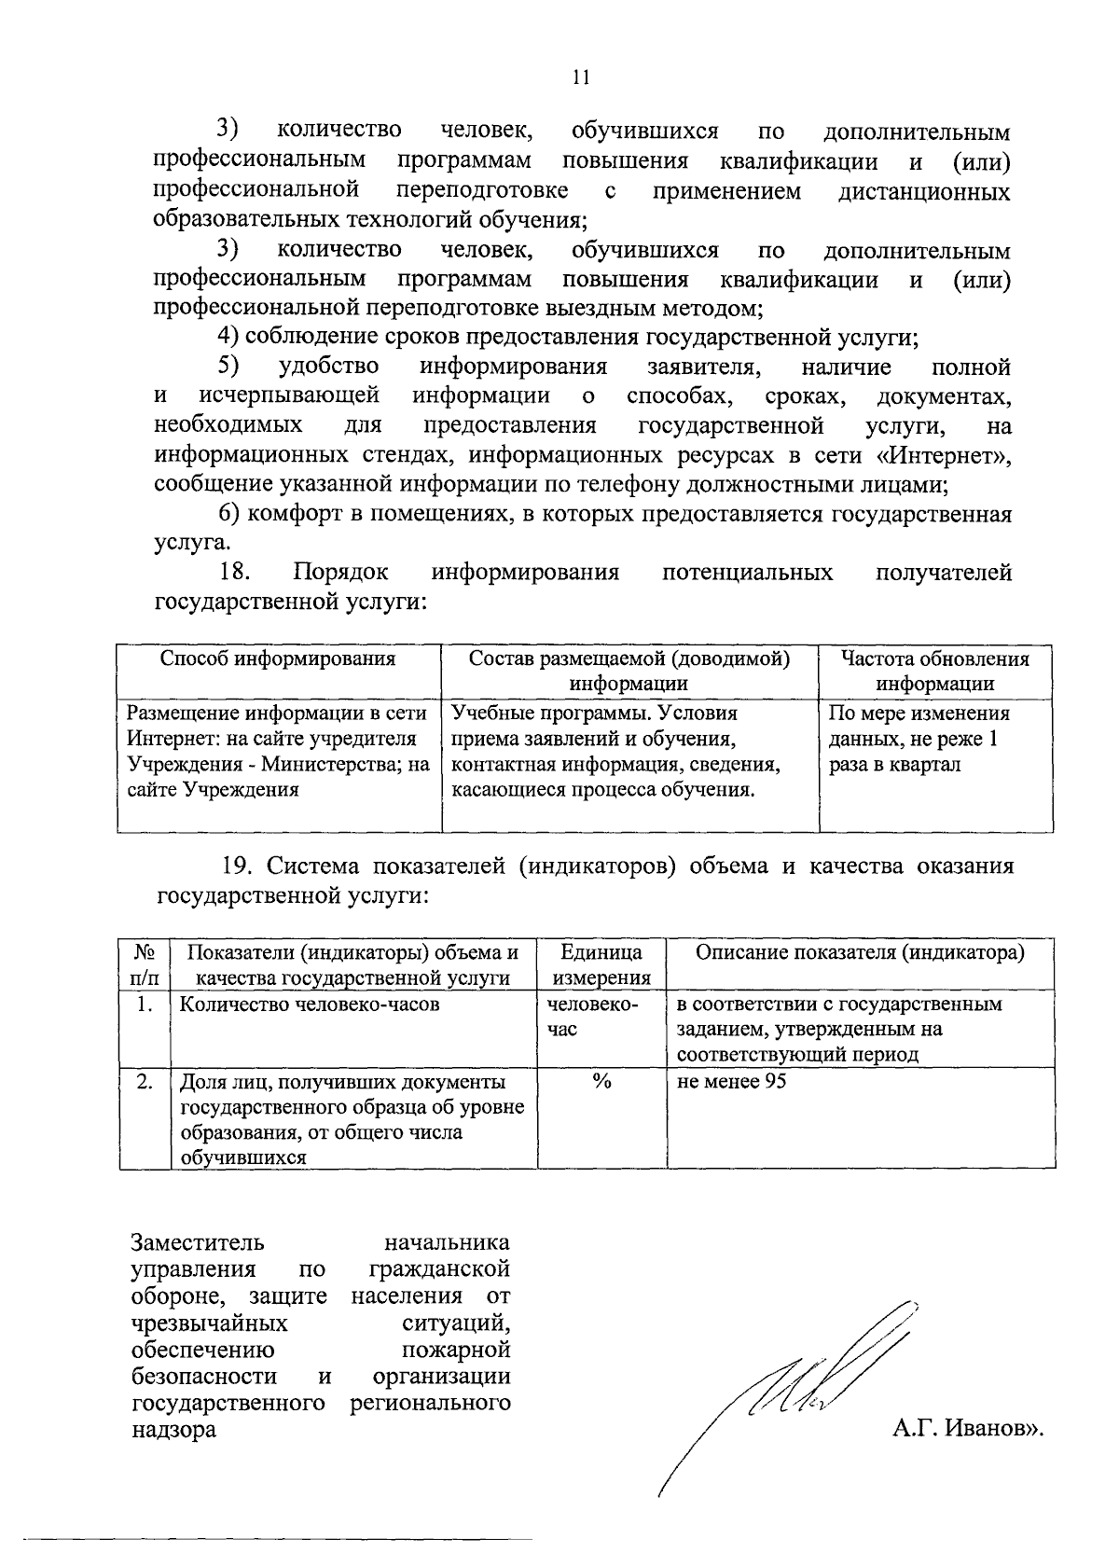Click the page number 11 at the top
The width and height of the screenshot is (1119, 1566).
[581, 77]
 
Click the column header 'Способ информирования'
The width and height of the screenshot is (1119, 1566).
[278, 659]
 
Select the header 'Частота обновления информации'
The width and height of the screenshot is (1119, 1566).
[934, 671]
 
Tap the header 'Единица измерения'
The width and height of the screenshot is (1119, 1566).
[601, 964]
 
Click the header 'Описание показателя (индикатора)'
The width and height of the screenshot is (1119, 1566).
[860, 952]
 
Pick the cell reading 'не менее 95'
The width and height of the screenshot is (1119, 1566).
[732, 1082]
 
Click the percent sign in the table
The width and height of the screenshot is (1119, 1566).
[601, 1082]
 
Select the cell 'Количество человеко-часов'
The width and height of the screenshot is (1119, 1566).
[309, 1005]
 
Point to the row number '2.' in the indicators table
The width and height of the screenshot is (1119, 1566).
[145, 1082]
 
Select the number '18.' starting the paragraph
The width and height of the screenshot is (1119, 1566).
[236, 572]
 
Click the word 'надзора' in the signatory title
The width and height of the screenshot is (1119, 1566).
[173, 1429]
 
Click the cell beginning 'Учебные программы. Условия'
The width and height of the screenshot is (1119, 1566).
[615, 752]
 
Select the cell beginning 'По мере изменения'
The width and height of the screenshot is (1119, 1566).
[919, 740]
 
